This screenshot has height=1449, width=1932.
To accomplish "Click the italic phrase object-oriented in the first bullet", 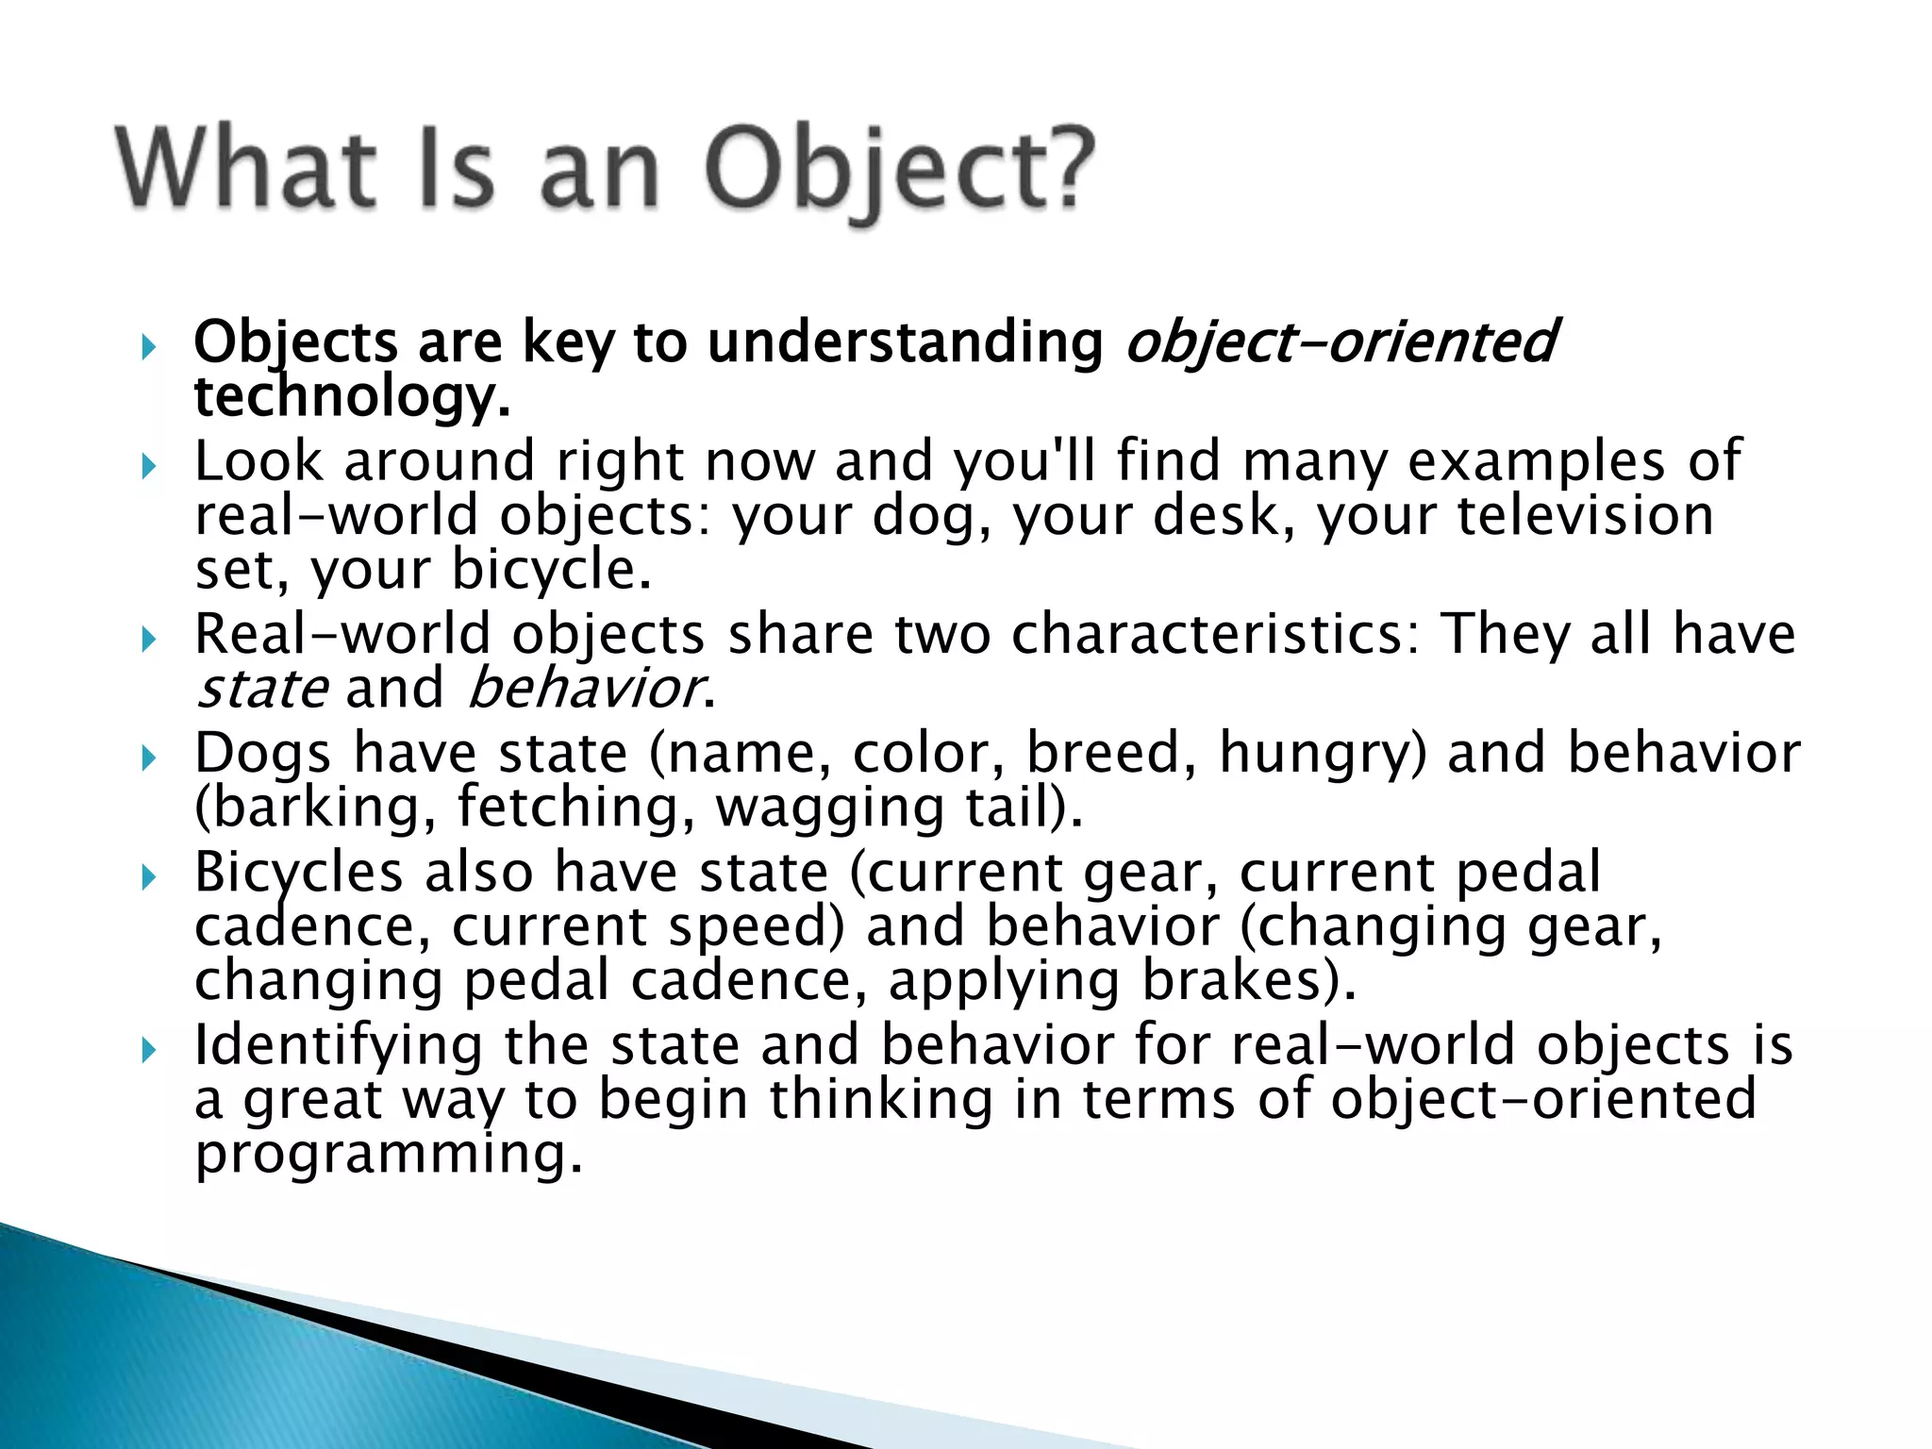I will coord(1340,341).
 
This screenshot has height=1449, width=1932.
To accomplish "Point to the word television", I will coord(1585,516).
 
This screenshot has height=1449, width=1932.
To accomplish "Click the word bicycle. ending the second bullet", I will coord(551,570).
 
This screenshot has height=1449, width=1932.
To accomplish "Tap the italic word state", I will coord(261,688).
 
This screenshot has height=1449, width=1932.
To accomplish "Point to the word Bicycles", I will coord(298,872).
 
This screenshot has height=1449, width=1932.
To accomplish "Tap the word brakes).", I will coord(1249,980).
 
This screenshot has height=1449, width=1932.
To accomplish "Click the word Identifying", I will coord(338,1045).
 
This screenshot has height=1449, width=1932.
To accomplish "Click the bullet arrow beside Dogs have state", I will coord(147,758).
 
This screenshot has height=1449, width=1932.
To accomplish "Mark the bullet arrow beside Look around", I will coord(147,466).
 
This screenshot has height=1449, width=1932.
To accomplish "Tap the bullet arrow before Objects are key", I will coord(147,347).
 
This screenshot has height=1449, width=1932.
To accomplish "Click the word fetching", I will coord(576,808).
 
